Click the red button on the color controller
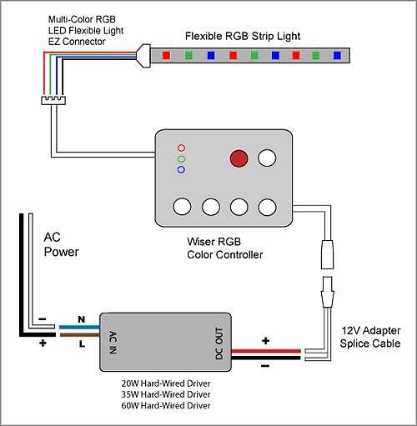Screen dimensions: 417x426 click(x=239, y=158)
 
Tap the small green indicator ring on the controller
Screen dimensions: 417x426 click(x=181, y=159)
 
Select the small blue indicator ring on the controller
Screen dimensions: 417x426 click(x=181, y=169)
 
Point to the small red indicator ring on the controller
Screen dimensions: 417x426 click(x=181, y=148)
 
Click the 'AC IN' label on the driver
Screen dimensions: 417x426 click(x=113, y=343)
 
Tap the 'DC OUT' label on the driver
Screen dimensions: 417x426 click(x=219, y=343)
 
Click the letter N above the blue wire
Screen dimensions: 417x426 click(x=82, y=319)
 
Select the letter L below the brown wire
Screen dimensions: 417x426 click(x=82, y=344)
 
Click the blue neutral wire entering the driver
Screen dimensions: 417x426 click(x=79, y=328)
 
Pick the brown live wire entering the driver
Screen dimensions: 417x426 click(x=79, y=335)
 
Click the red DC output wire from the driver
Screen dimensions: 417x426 click(x=266, y=351)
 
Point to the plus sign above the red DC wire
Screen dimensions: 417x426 click(x=266, y=341)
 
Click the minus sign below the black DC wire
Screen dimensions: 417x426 click(x=265, y=366)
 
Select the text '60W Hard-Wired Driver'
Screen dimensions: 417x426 click(x=166, y=406)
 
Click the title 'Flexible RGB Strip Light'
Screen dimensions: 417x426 click(x=243, y=37)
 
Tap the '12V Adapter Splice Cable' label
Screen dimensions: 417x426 click(x=370, y=337)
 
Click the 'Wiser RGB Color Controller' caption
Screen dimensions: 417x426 click(x=225, y=248)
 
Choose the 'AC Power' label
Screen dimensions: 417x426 click(x=61, y=245)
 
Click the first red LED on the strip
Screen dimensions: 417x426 click(x=166, y=55)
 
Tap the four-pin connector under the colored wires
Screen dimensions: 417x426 click(x=53, y=100)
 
